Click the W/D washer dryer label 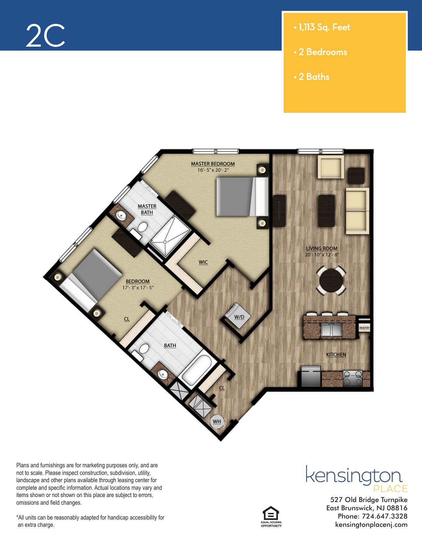click(x=239, y=317)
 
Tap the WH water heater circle click(x=217, y=421)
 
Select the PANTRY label click(x=364, y=328)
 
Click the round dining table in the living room click(x=331, y=280)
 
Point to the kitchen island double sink click(x=331, y=330)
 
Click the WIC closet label click(x=203, y=262)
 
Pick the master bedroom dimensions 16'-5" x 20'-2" click(x=213, y=170)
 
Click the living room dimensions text click(x=322, y=255)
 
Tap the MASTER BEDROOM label click(x=213, y=164)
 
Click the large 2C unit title click(x=46, y=35)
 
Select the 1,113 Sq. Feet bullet click(x=322, y=27)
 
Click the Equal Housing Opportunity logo click(x=271, y=517)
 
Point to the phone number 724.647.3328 click(x=385, y=516)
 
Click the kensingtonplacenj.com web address click(x=371, y=525)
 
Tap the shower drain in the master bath click(x=165, y=242)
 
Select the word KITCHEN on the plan click(x=336, y=355)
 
